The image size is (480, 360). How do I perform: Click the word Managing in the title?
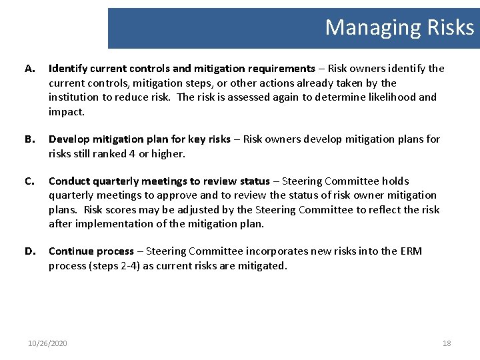pos(368,27)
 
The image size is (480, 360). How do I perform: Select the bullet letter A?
pos(29,69)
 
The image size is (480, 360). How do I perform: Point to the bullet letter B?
pos(29,139)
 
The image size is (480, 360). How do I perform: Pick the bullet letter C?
pos(29,181)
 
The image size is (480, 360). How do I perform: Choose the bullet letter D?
pos(29,251)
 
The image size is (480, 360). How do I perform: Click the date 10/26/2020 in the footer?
pos(47,343)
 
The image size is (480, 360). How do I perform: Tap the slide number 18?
pos(447,343)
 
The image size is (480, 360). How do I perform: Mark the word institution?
pos(74,97)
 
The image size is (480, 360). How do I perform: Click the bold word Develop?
pos(69,139)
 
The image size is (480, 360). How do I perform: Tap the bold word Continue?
pos(71,251)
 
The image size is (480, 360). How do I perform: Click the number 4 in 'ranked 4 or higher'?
pos(123,153)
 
